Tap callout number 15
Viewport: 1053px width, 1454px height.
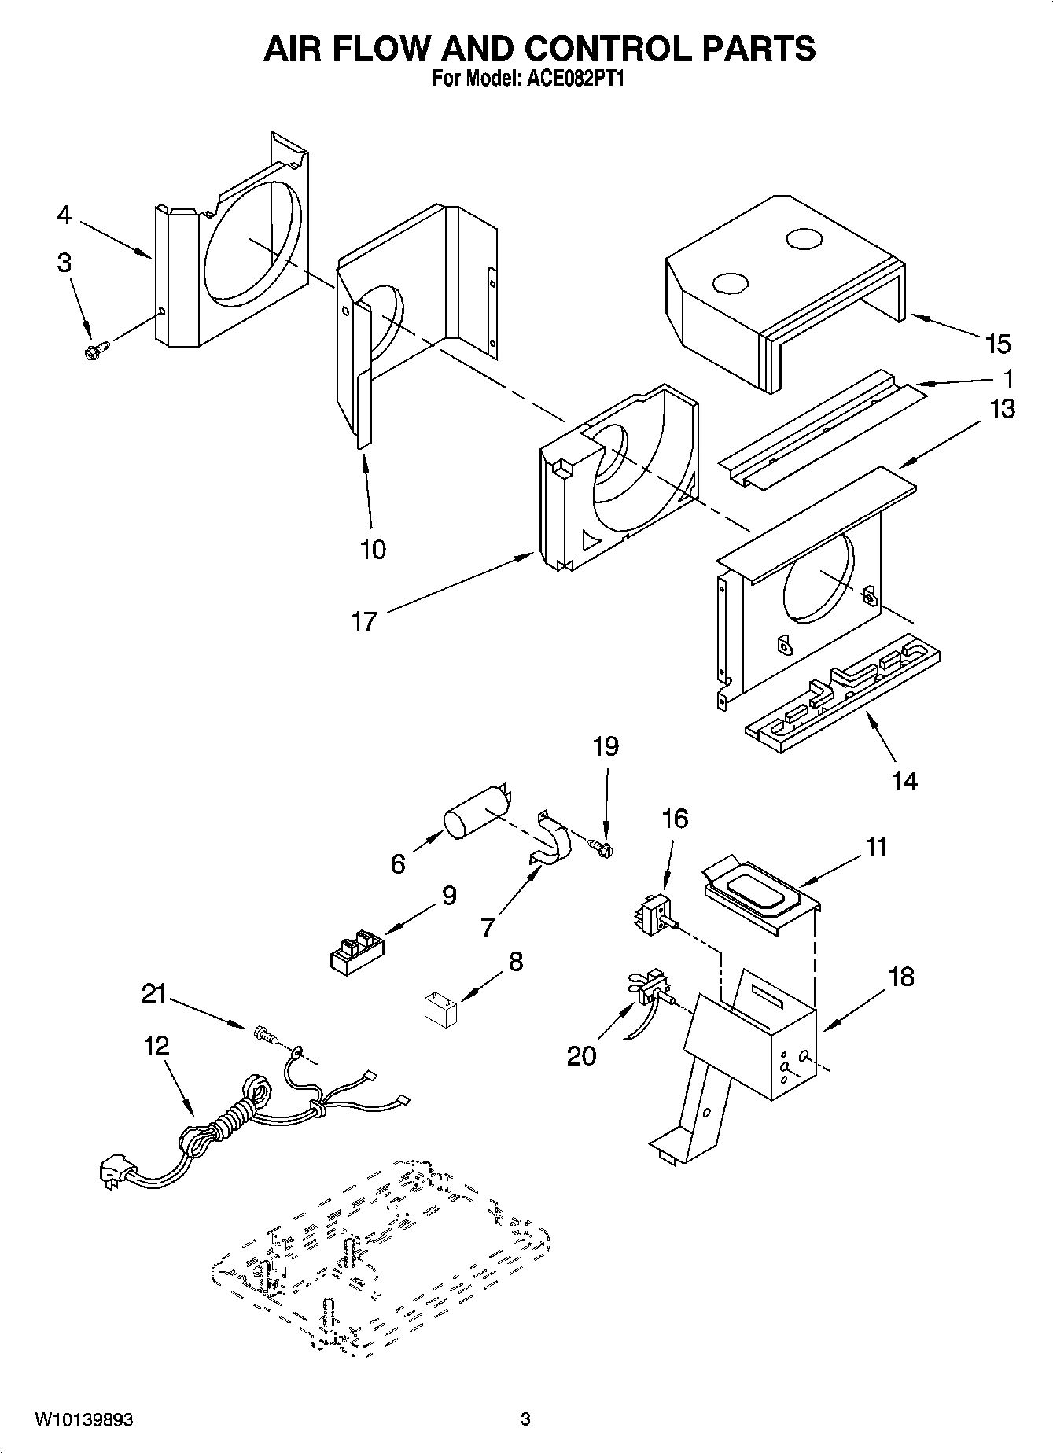(998, 344)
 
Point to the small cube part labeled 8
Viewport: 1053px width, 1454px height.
(440, 1008)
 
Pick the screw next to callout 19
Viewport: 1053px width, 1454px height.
(602, 847)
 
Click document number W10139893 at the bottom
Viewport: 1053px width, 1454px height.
(83, 1419)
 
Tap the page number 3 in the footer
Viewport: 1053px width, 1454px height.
(525, 1419)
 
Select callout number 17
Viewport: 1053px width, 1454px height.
(364, 621)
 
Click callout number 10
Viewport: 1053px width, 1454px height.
(373, 549)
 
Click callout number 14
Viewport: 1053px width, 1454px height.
(904, 781)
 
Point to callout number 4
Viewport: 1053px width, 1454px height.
(64, 215)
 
